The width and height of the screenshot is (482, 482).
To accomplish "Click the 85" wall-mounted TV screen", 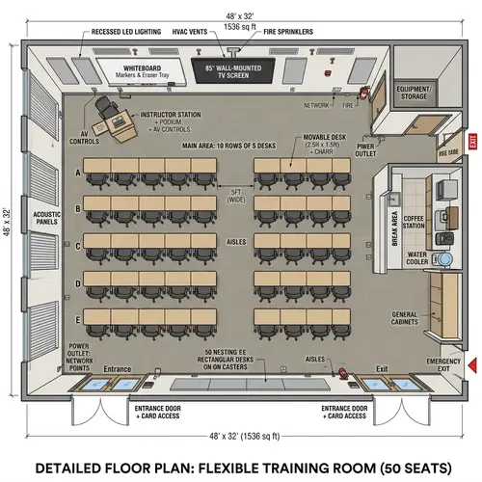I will pos(235,70).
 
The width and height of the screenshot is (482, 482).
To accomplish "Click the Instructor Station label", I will pos(172,115).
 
